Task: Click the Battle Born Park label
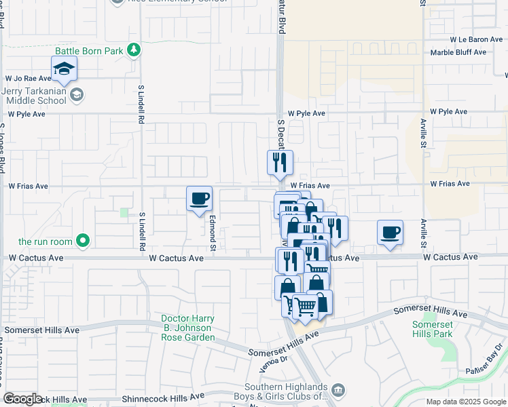point(91,51)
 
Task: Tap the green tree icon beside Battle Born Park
point(134,50)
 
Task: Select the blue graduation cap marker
point(64,69)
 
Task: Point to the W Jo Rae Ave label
point(28,79)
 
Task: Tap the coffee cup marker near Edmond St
point(199,199)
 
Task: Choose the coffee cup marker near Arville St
point(390,233)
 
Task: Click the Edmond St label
point(213,231)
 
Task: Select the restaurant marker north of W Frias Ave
point(280,162)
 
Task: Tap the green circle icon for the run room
point(83,240)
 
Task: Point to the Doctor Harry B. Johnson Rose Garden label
point(188,328)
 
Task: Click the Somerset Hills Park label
point(432,329)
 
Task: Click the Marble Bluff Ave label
point(459,52)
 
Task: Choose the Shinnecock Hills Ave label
point(162,397)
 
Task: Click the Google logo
point(22,399)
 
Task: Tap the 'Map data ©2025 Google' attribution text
point(465,402)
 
